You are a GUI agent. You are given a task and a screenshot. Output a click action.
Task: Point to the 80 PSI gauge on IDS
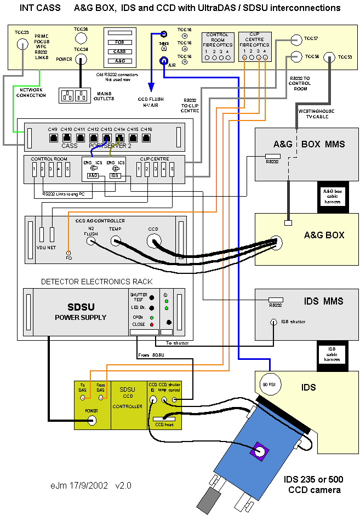(269, 382)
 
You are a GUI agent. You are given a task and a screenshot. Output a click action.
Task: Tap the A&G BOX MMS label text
(309, 145)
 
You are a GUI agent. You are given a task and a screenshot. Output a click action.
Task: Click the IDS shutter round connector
(274, 322)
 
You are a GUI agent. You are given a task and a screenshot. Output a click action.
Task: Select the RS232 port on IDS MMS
(275, 301)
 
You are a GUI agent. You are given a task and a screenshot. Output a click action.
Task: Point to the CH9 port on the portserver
(53, 137)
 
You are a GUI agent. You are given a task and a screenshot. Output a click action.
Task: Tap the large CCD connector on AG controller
(153, 240)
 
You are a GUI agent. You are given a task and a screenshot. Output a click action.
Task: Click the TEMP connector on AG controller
(116, 240)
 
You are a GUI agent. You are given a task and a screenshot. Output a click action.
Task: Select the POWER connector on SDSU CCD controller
(92, 420)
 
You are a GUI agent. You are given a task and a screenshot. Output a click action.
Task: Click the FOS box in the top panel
(119, 42)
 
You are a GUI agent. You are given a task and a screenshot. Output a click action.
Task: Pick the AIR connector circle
(163, 61)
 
